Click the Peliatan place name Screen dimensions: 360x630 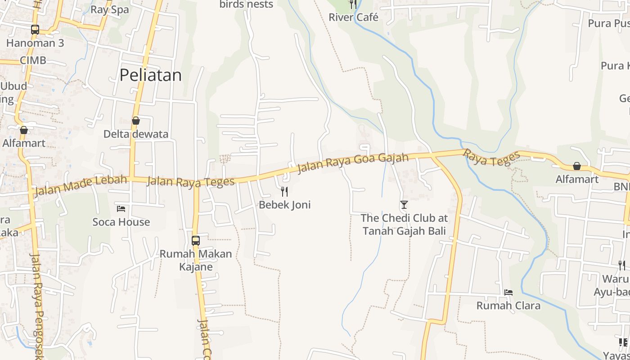click(150, 75)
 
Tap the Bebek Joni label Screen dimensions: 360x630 click(284, 205)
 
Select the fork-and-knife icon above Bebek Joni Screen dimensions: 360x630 click(284, 192)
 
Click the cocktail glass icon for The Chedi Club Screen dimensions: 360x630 click(404, 205)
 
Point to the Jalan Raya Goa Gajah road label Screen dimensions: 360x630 click(353, 162)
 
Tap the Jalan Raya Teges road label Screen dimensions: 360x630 click(190, 181)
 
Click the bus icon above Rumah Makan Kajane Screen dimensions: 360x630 click(196, 240)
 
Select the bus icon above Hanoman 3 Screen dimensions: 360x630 click(35, 30)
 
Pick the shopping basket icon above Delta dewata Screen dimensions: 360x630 click(135, 121)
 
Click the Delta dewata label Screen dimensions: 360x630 click(135, 134)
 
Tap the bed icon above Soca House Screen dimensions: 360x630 click(121, 208)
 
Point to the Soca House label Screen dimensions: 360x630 click(121, 222)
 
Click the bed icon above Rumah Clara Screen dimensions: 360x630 click(508, 292)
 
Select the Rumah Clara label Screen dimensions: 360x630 click(508, 306)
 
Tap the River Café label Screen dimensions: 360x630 click(353, 18)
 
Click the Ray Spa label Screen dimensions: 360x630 click(109, 9)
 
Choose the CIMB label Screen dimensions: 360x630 click(33, 60)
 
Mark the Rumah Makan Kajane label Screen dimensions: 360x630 click(196, 260)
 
